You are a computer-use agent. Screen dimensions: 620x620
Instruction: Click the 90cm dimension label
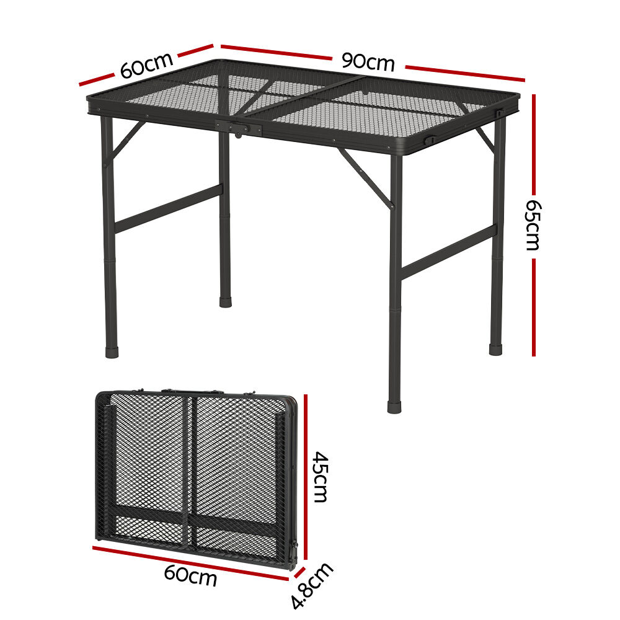pyautogui.click(x=368, y=63)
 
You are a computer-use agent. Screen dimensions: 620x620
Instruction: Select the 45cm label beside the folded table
pyautogui.click(x=321, y=477)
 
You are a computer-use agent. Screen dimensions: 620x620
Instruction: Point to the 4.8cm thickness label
pyautogui.click(x=312, y=586)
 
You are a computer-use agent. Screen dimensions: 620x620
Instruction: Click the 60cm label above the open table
pyautogui.click(x=147, y=65)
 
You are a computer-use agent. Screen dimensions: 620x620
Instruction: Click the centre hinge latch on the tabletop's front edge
pyautogui.click(x=239, y=128)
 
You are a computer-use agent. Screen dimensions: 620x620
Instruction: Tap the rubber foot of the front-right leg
pyautogui.click(x=394, y=407)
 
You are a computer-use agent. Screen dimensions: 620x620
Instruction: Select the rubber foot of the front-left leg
pyautogui.click(x=112, y=352)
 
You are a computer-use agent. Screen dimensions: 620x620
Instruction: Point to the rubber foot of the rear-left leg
pyautogui.click(x=226, y=302)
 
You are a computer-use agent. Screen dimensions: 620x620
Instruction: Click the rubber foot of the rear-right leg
pyautogui.click(x=495, y=350)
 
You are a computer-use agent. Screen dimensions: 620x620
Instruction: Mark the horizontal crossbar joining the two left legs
pyautogui.click(x=169, y=208)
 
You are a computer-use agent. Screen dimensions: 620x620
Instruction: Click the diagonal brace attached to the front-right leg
pyautogui.click(x=365, y=177)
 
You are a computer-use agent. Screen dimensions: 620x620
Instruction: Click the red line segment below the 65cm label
pyautogui.click(x=533, y=308)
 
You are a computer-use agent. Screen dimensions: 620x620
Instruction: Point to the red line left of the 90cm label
pyautogui.click(x=277, y=53)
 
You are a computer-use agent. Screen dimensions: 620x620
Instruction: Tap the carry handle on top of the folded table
pyautogui.click(x=192, y=391)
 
